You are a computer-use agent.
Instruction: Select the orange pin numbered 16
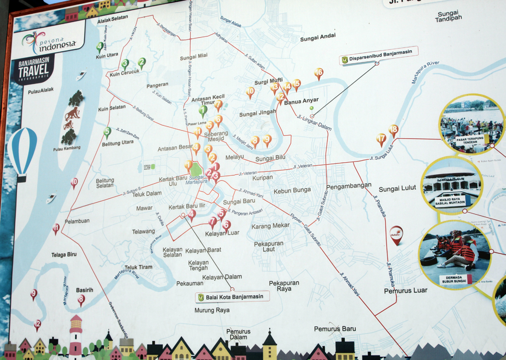pos(319,74)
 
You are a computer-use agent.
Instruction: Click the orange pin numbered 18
pos(394,131)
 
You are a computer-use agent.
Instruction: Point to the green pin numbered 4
pos(100,47)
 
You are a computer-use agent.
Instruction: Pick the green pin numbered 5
pos(107,133)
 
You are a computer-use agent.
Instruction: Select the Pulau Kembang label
pos(67,149)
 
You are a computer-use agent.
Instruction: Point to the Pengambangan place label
pos(349,186)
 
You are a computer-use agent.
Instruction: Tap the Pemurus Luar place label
pos(406,290)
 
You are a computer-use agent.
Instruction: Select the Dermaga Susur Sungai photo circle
pos(454,255)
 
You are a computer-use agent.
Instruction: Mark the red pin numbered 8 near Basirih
pos(81,300)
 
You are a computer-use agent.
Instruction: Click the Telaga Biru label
pos(64,255)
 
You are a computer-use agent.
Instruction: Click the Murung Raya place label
pos(212,310)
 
